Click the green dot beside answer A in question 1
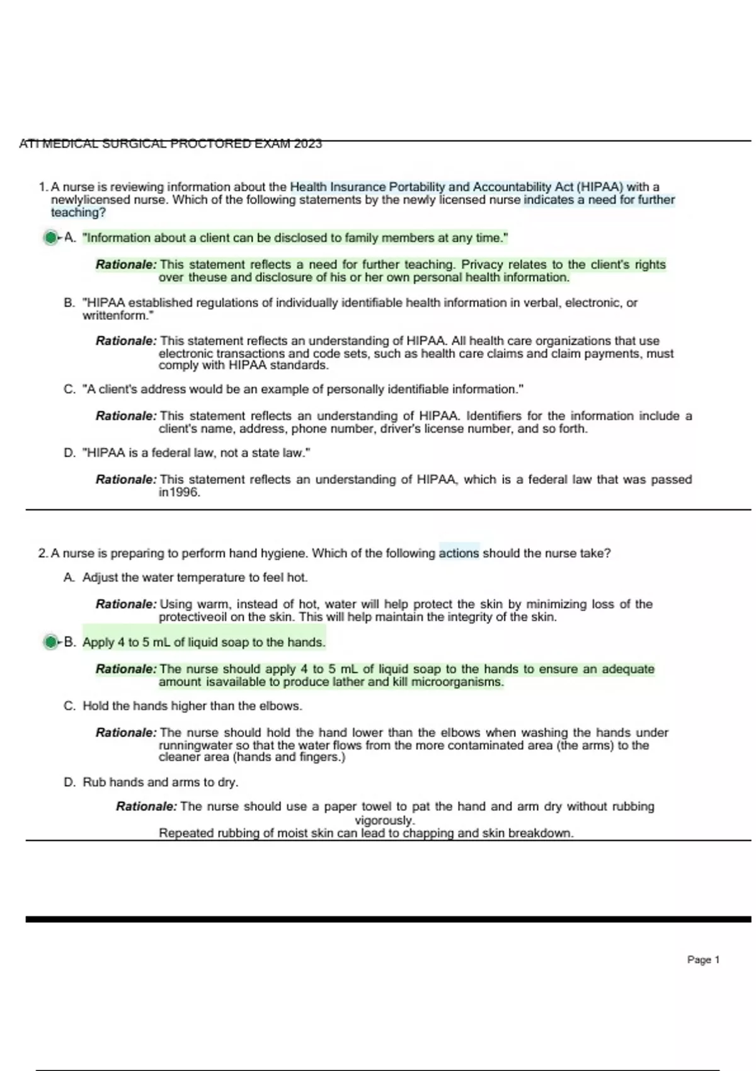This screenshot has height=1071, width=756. pyautogui.click(x=50, y=238)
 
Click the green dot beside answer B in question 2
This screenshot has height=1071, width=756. pyautogui.click(x=50, y=642)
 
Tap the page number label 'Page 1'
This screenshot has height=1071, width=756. pyautogui.click(x=703, y=959)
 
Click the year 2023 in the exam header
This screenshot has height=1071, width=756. pyautogui.click(x=307, y=144)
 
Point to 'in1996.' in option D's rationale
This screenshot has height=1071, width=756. pyautogui.click(x=180, y=493)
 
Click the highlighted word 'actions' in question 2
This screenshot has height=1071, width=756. pyautogui.click(x=459, y=553)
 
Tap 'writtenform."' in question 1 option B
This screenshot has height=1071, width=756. pyautogui.click(x=118, y=315)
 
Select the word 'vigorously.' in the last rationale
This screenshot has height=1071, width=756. pyautogui.click(x=384, y=820)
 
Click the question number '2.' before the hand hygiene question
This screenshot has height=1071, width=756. pyautogui.click(x=43, y=553)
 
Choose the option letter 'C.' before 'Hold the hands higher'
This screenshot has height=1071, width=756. pyautogui.click(x=70, y=706)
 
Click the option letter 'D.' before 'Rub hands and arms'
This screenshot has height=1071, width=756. pyautogui.click(x=70, y=782)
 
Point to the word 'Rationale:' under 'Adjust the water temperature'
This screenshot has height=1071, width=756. pyautogui.click(x=126, y=604)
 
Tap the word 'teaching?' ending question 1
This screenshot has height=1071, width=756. pyautogui.click(x=78, y=212)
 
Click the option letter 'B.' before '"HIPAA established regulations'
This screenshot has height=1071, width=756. pyautogui.click(x=70, y=302)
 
